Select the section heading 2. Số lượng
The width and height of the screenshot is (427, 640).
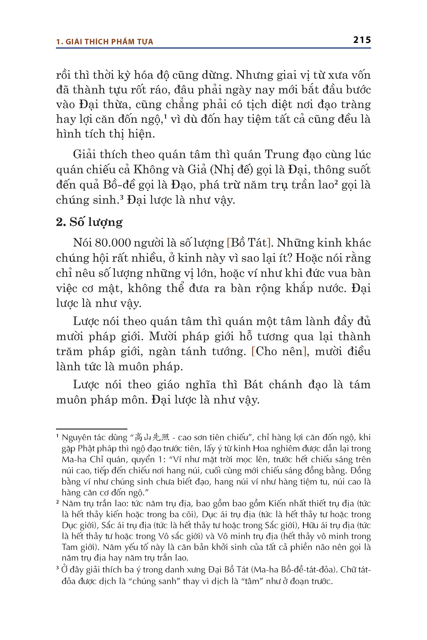click(89, 222)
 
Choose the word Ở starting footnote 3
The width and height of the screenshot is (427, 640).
click(64, 570)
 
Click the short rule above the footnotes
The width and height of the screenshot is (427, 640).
click(92, 429)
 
